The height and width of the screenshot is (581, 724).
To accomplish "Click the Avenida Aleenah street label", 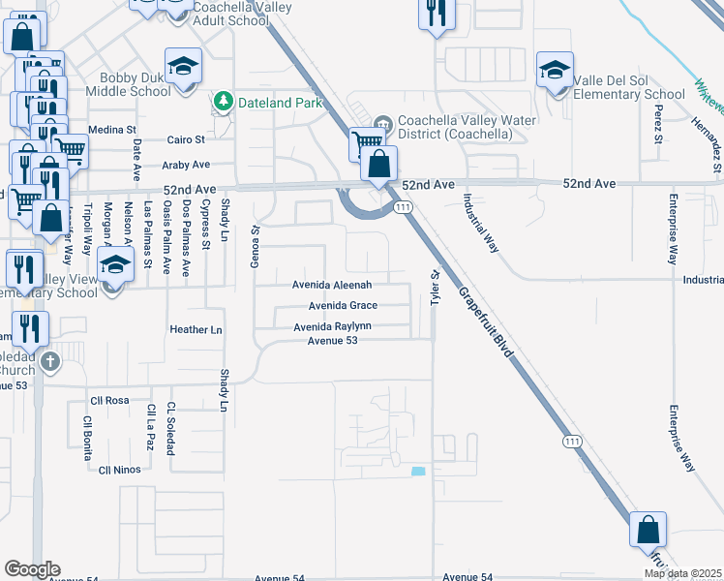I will click(332, 286).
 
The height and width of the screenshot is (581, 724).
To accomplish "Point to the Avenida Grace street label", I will click(342, 306).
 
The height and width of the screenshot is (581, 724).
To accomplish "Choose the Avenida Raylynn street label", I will click(333, 327).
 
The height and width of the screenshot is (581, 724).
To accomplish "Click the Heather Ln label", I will click(196, 330).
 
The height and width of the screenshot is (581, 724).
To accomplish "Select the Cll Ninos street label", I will click(120, 470).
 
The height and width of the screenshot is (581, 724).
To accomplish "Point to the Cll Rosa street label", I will click(109, 400).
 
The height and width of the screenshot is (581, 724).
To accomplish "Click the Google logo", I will click(32, 569).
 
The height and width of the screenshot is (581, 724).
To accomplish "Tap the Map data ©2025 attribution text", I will click(683, 574).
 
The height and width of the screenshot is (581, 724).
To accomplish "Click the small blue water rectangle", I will click(418, 472).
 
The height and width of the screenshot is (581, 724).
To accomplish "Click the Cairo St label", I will click(187, 139).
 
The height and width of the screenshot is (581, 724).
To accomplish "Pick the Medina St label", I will click(112, 130).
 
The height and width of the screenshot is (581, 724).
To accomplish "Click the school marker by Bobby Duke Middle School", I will click(182, 67).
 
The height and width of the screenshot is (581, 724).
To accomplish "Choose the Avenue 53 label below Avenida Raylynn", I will click(333, 340).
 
